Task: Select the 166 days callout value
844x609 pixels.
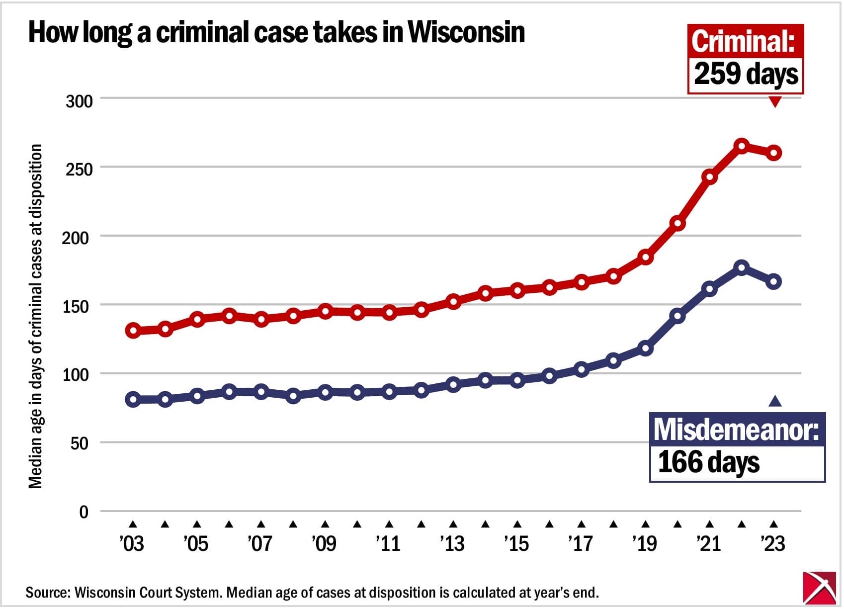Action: [708, 462]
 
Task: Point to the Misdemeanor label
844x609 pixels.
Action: [736, 430]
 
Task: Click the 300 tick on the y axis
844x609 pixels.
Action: [79, 101]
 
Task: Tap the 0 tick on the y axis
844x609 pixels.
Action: [84, 512]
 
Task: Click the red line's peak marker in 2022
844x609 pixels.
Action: [741, 146]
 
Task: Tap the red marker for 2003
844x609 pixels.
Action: [133, 331]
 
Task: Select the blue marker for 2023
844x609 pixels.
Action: [774, 282]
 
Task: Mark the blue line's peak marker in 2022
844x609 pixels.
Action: [741, 267]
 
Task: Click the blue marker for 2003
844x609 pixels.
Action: [133, 399]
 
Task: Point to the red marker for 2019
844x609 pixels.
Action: [645, 257]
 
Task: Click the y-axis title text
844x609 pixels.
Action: [35, 316]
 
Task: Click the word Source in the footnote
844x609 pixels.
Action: [47, 593]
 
